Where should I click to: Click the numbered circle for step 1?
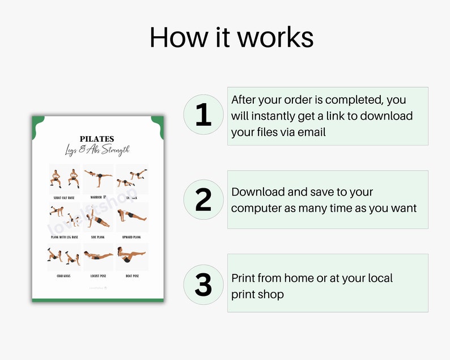[x=203, y=115]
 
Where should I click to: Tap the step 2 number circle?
[x=203, y=200]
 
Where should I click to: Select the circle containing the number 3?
[x=203, y=284]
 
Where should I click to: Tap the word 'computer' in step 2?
[x=256, y=208]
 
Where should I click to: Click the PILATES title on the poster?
[x=97, y=139]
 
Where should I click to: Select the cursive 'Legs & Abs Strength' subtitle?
[x=97, y=150]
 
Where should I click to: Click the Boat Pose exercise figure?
[x=131, y=255]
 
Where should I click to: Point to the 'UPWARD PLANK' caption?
[x=131, y=237]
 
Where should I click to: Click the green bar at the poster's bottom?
[x=97, y=300]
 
